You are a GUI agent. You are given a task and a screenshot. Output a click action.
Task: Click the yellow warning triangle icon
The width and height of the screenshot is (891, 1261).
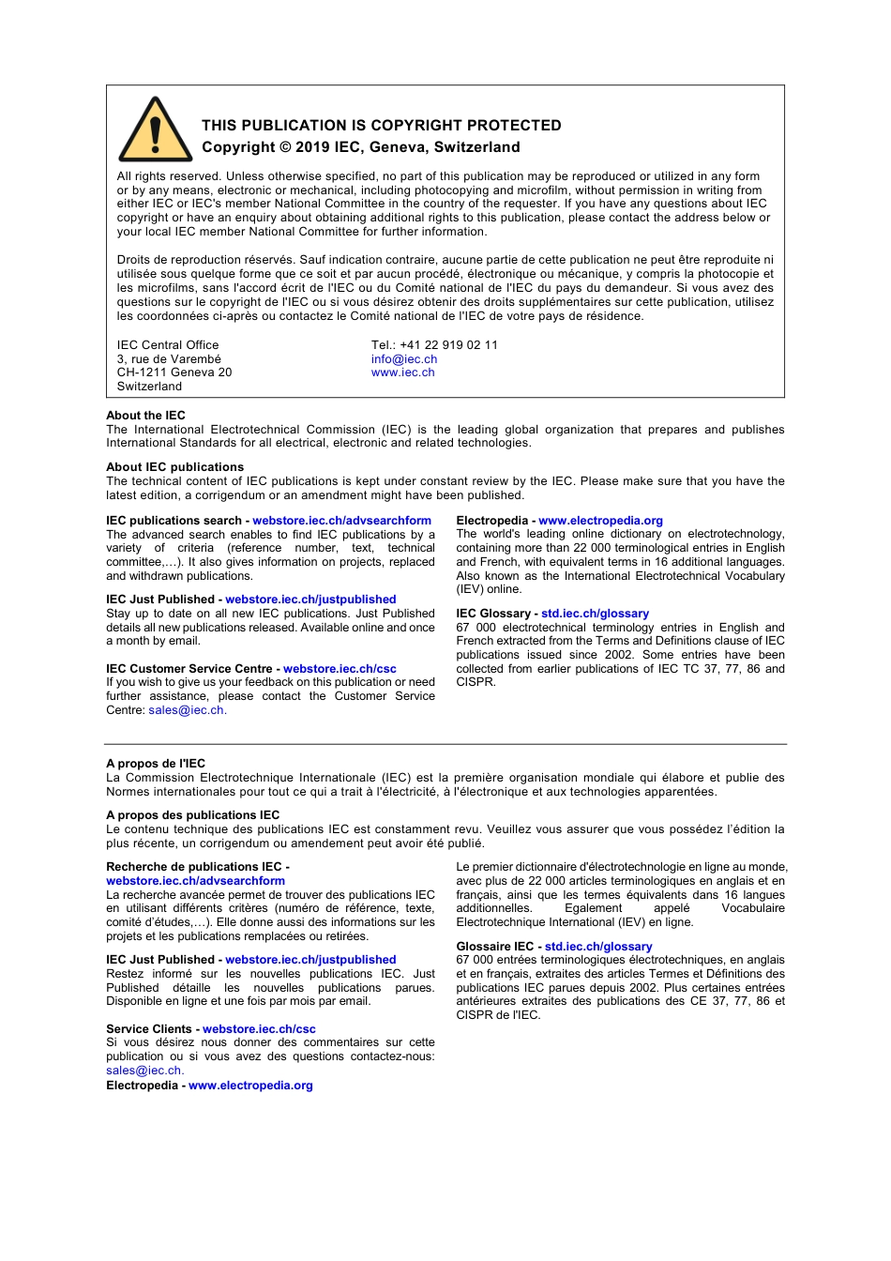click(156, 131)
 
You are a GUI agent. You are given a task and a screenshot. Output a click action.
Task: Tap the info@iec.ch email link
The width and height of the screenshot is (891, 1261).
click(404, 359)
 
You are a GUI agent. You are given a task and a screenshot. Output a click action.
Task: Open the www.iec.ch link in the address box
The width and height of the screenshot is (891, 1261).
click(403, 372)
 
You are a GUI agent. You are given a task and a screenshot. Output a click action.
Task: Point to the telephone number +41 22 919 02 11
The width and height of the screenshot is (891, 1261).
click(448, 345)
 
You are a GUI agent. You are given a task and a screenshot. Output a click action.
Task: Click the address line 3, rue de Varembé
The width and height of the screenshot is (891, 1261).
click(169, 359)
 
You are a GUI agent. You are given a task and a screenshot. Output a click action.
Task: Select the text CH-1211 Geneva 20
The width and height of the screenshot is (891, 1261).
click(174, 372)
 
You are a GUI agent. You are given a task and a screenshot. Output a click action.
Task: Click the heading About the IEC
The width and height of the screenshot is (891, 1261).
click(145, 416)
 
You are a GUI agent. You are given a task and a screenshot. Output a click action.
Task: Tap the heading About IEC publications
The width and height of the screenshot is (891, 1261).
click(174, 467)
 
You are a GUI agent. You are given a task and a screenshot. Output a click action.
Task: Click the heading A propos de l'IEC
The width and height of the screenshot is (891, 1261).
click(156, 764)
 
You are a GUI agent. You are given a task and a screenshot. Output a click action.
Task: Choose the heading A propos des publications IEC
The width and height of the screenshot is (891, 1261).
click(192, 815)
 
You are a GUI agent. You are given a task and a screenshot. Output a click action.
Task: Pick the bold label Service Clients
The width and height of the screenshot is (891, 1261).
click(148, 1029)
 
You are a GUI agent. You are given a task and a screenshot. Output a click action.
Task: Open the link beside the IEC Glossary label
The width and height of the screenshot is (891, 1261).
click(595, 614)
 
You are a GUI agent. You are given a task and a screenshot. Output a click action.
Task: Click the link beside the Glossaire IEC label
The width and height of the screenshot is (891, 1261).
click(598, 947)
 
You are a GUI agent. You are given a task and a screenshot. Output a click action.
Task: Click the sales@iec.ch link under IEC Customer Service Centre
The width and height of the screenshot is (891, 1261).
click(187, 710)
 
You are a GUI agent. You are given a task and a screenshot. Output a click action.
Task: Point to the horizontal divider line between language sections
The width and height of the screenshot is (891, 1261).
click(445, 744)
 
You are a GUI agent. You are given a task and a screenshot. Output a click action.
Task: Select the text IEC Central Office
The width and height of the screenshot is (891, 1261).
click(168, 345)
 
